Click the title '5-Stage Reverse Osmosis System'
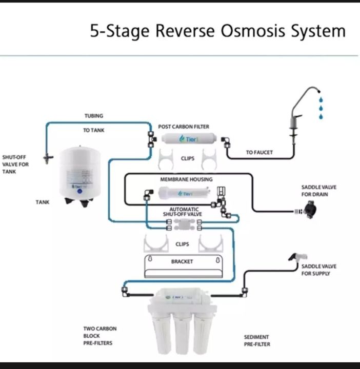point(218,31)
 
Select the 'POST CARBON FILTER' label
point(184,127)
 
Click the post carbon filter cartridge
point(188,139)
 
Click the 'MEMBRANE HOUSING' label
point(186,179)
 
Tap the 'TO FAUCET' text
point(259,152)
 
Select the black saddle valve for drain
point(309,210)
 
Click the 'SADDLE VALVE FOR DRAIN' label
point(318,191)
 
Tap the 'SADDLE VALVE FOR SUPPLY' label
point(318,270)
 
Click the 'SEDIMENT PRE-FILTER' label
point(256,340)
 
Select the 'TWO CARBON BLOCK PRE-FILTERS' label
point(97,335)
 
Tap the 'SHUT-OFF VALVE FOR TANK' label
point(16,165)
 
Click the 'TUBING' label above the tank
point(94,116)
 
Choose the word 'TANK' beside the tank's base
point(43,202)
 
